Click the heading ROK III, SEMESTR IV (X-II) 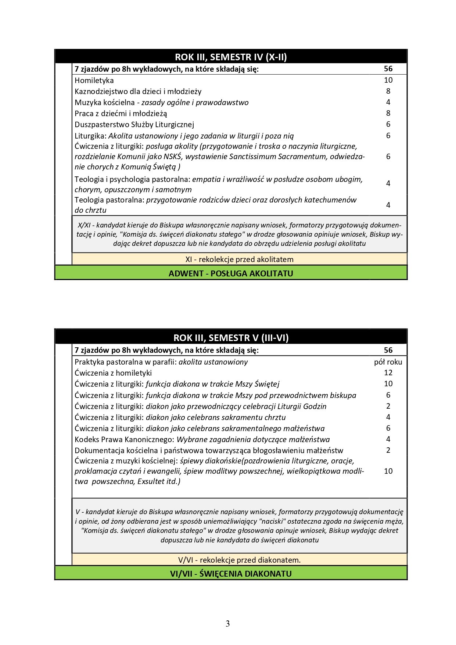[x=231, y=57]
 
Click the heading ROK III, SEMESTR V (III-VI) [x=231, y=338]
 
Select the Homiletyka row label [x=94, y=80]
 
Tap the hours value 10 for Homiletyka [x=388, y=80]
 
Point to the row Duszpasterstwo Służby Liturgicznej [x=134, y=125]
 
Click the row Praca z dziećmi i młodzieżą [x=121, y=114]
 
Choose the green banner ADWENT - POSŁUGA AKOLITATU [x=231, y=273]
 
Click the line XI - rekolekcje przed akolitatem [x=239, y=259]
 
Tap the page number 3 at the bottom [x=228, y=624]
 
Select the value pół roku [x=388, y=362]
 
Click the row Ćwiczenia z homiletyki [x=113, y=373]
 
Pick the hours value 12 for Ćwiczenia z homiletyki [x=388, y=373]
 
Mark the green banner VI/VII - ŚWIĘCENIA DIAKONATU [x=231, y=574]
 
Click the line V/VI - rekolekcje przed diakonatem [x=239, y=560]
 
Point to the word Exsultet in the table [x=151, y=481]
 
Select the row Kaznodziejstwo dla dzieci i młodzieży [x=138, y=92]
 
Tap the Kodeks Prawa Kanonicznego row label [x=124, y=440]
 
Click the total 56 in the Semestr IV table [x=388, y=69]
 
